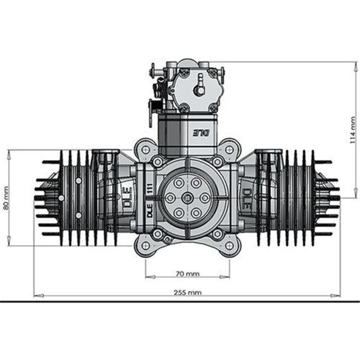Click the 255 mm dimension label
[x=187, y=292]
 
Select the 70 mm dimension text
[x=187, y=273]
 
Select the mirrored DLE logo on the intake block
[x=201, y=133]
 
